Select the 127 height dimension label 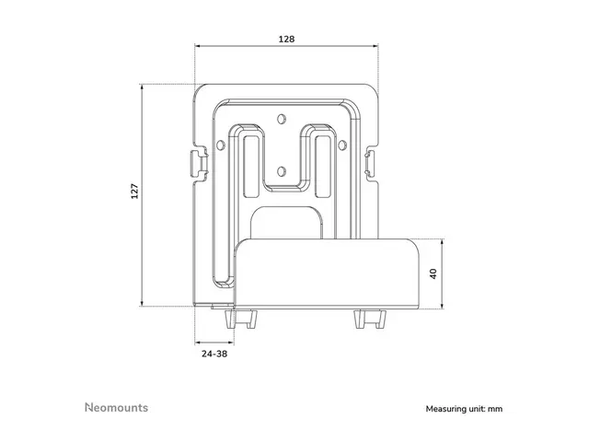click(x=134, y=193)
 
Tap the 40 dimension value click(x=432, y=273)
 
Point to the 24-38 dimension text click(x=214, y=353)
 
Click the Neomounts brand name click(x=116, y=406)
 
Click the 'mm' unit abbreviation click(x=496, y=408)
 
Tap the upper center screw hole click(x=283, y=118)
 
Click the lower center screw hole click(x=283, y=169)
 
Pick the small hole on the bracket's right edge click(x=347, y=145)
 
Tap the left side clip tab click(x=196, y=163)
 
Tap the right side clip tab click(x=371, y=163)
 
